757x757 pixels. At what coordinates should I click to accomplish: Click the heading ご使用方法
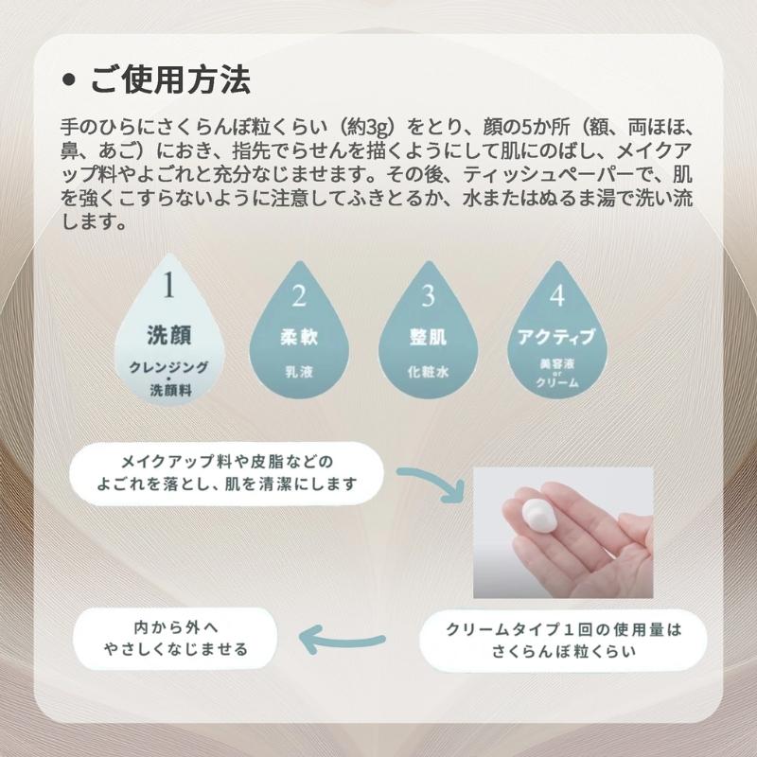(170, 80)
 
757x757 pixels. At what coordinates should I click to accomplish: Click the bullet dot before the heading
(69, 80)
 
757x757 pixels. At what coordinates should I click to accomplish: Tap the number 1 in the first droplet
(168, 286)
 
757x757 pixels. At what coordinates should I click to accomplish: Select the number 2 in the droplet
(299, 295)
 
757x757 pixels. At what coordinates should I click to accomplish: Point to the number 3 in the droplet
(428, 295)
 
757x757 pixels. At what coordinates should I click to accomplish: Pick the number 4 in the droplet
(557, 295)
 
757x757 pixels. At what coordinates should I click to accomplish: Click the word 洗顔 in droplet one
(169, 335)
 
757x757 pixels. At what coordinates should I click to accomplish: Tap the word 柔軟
(299, 337)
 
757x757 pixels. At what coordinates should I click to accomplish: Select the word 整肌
(428, 337)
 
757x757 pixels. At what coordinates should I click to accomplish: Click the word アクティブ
(556, 337)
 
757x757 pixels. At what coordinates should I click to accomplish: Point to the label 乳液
(299, 372)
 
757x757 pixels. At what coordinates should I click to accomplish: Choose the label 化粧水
(428, 372)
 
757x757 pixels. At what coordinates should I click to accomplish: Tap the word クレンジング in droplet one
(169, 367)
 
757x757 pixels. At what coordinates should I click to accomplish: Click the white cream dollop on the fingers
(539, 516)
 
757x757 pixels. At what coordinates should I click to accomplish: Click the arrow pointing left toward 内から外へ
(342, 640)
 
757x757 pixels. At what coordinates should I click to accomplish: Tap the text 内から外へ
(176, 627)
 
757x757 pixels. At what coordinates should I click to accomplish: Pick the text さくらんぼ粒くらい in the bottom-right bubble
(563, 651)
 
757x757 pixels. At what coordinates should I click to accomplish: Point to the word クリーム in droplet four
(557, 383)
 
